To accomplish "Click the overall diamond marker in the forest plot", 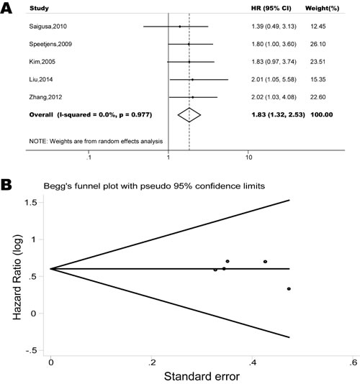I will [x=189, y=113].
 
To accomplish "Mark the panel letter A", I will [x=6, y=8].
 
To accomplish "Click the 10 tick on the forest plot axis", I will [x=248, y=154].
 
